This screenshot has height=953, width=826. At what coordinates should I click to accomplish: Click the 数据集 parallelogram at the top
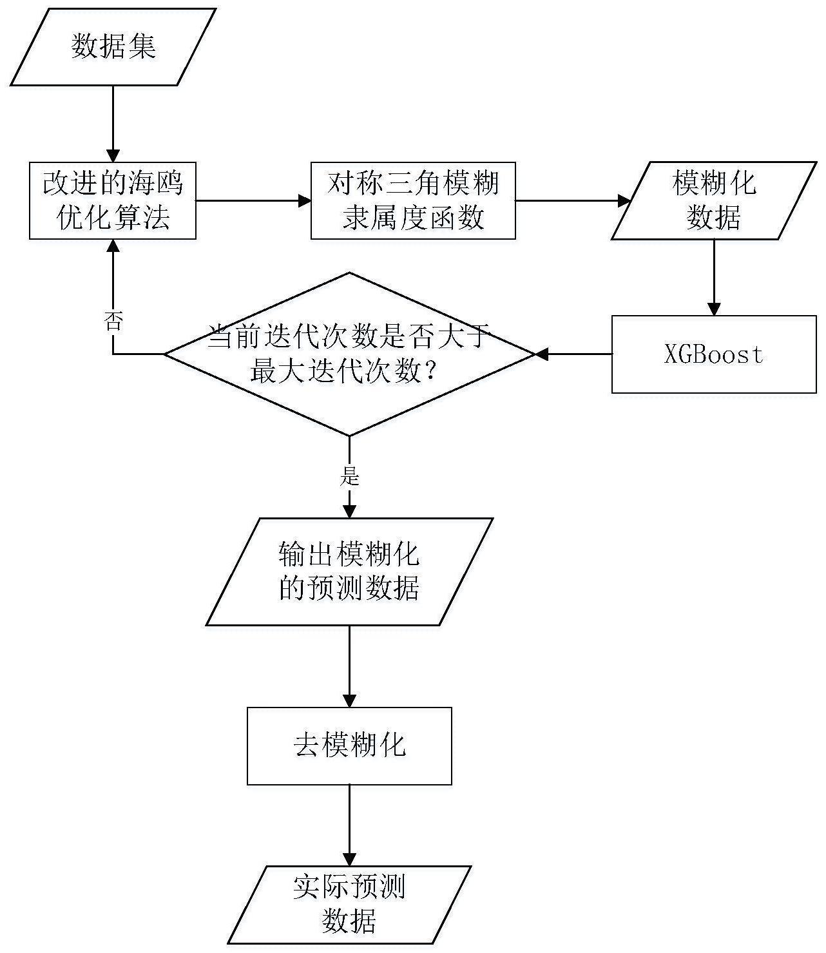tap(113, 47)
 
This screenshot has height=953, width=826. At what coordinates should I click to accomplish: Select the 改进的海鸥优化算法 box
tap(113, 200)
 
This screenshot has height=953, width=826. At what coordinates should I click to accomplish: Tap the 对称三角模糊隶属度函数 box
tap(413, 200)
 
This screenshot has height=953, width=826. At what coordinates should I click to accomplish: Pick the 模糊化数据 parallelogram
tap(713, 200)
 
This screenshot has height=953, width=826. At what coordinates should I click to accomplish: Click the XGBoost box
tap(713, 354)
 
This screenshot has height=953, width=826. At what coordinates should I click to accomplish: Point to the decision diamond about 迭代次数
tap(349, 354)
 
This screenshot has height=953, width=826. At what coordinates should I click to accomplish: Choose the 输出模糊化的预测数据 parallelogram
tap(349, 572)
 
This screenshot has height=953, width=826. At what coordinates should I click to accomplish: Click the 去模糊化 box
tap(349, 746)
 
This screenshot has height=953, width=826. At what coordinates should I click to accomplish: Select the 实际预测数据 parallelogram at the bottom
tap(349, 905)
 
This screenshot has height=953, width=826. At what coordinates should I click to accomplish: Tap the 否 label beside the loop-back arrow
tap(113, 322)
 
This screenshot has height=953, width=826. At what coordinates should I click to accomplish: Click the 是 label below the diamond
tap(349, 476)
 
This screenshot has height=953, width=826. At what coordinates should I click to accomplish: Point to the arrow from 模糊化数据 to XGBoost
tap(713, 277)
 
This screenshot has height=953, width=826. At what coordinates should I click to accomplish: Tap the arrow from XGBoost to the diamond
tap(573, 354)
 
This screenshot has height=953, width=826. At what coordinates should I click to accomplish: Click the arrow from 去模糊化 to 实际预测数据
tap(349, 825)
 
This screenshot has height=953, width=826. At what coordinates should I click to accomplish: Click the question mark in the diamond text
tap(428, 372)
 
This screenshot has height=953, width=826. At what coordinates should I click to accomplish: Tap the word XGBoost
tap(713, 354)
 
